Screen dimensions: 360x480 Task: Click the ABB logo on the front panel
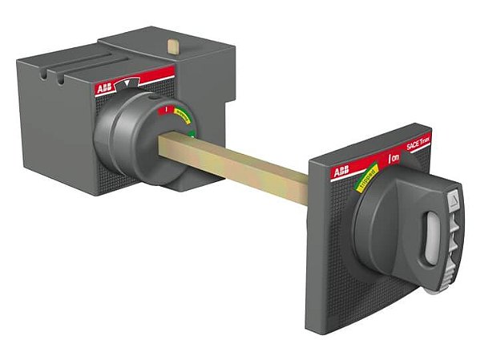[341, 172]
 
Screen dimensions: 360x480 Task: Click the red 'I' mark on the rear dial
[165, 109]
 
